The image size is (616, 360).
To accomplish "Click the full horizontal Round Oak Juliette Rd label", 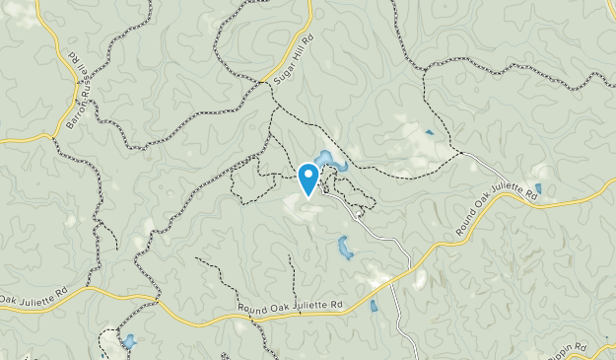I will pos(291,310).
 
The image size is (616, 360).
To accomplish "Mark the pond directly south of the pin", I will pos(345,249).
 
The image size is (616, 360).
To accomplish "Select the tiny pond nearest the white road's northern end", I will pos(429,132).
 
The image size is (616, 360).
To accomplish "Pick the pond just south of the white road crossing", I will pos(374,306).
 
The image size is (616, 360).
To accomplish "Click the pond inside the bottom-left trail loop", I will pos(129,342).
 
